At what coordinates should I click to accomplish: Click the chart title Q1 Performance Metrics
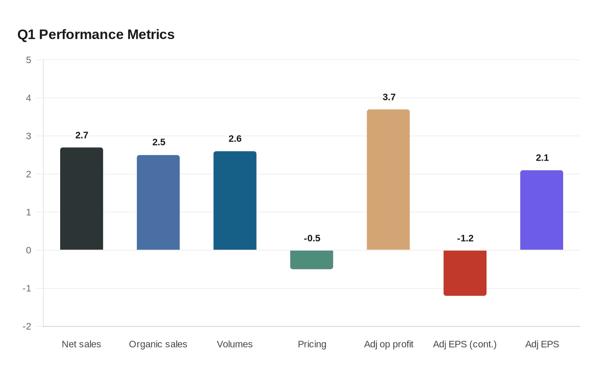96,35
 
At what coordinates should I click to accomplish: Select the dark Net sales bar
81,199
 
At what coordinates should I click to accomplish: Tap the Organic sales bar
158,203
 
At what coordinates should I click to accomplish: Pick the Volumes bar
235,200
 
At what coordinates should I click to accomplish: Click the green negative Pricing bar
312,260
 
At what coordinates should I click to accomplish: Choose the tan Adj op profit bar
388,180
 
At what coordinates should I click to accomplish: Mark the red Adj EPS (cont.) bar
465,273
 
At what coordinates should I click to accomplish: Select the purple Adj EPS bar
542,210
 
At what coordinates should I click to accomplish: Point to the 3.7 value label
389,97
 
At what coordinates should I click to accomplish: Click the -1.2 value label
465,239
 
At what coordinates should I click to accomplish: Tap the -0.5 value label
312,239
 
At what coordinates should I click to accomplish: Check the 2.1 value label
542,158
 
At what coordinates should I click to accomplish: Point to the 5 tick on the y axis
29,60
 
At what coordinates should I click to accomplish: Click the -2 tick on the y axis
27,326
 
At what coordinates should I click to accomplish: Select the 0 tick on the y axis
29,250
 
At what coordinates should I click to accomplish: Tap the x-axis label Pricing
312,344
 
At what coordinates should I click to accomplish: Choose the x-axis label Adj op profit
388,344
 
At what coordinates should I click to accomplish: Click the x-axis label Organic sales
158,344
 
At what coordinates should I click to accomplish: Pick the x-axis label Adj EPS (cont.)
464,344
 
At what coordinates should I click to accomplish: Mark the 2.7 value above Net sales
81,136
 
